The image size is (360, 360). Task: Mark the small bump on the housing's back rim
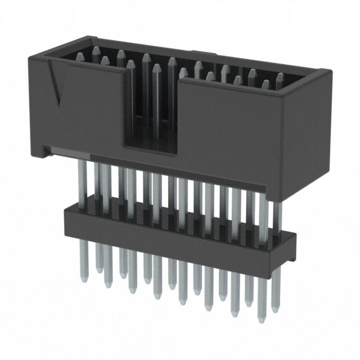click(206, 55)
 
